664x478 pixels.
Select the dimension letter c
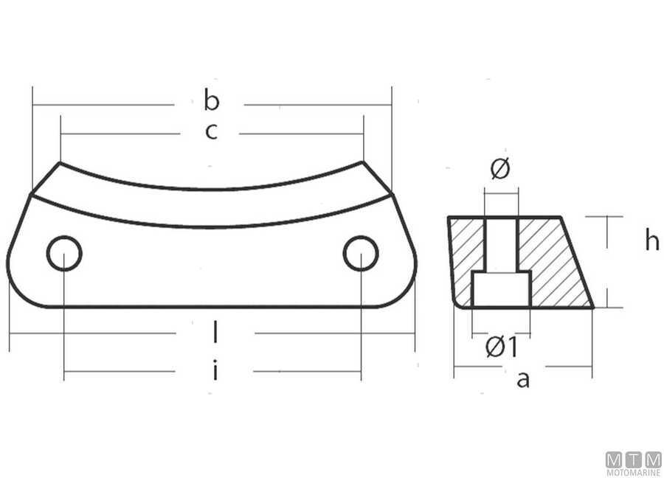(211, 132)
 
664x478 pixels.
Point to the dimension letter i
(215, 370)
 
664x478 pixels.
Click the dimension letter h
(651, 240)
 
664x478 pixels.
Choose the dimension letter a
(523, 379)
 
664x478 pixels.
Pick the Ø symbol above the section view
(499, 170)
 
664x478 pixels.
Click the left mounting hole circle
(64, 254)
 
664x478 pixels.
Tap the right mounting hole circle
(361, 254)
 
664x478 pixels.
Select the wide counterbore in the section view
(501, 289)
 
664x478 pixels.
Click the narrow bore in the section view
(501, 243)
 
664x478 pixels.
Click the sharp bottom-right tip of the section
(592, 307)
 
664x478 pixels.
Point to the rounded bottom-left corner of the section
(458, 302)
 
